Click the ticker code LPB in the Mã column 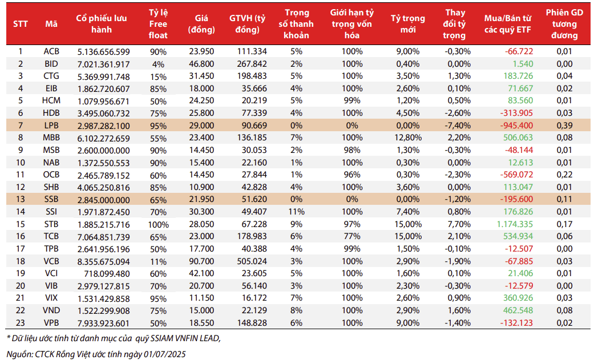(x=51, y=126)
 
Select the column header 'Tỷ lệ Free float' (x=158, y=24)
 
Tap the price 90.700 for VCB (x=201, y=261)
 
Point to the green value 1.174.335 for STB (x=515, y=224)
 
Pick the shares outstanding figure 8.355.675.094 (x=103, y=261)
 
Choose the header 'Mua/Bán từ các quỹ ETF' (x=508, y=24)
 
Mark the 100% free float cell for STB (x=159, y=224)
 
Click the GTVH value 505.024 (x=252, y=261)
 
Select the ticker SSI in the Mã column (x=51, y=212)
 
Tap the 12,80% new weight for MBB (x=407, y=137)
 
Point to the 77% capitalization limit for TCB (x=352, y=236)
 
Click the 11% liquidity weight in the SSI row (x=296, y=212)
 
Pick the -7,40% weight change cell (x=458, y=126)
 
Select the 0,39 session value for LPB (x=564, y=126)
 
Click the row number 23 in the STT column (x=21, y=323)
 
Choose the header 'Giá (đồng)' (x=201, y=24)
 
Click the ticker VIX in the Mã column (x=51, y=298)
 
